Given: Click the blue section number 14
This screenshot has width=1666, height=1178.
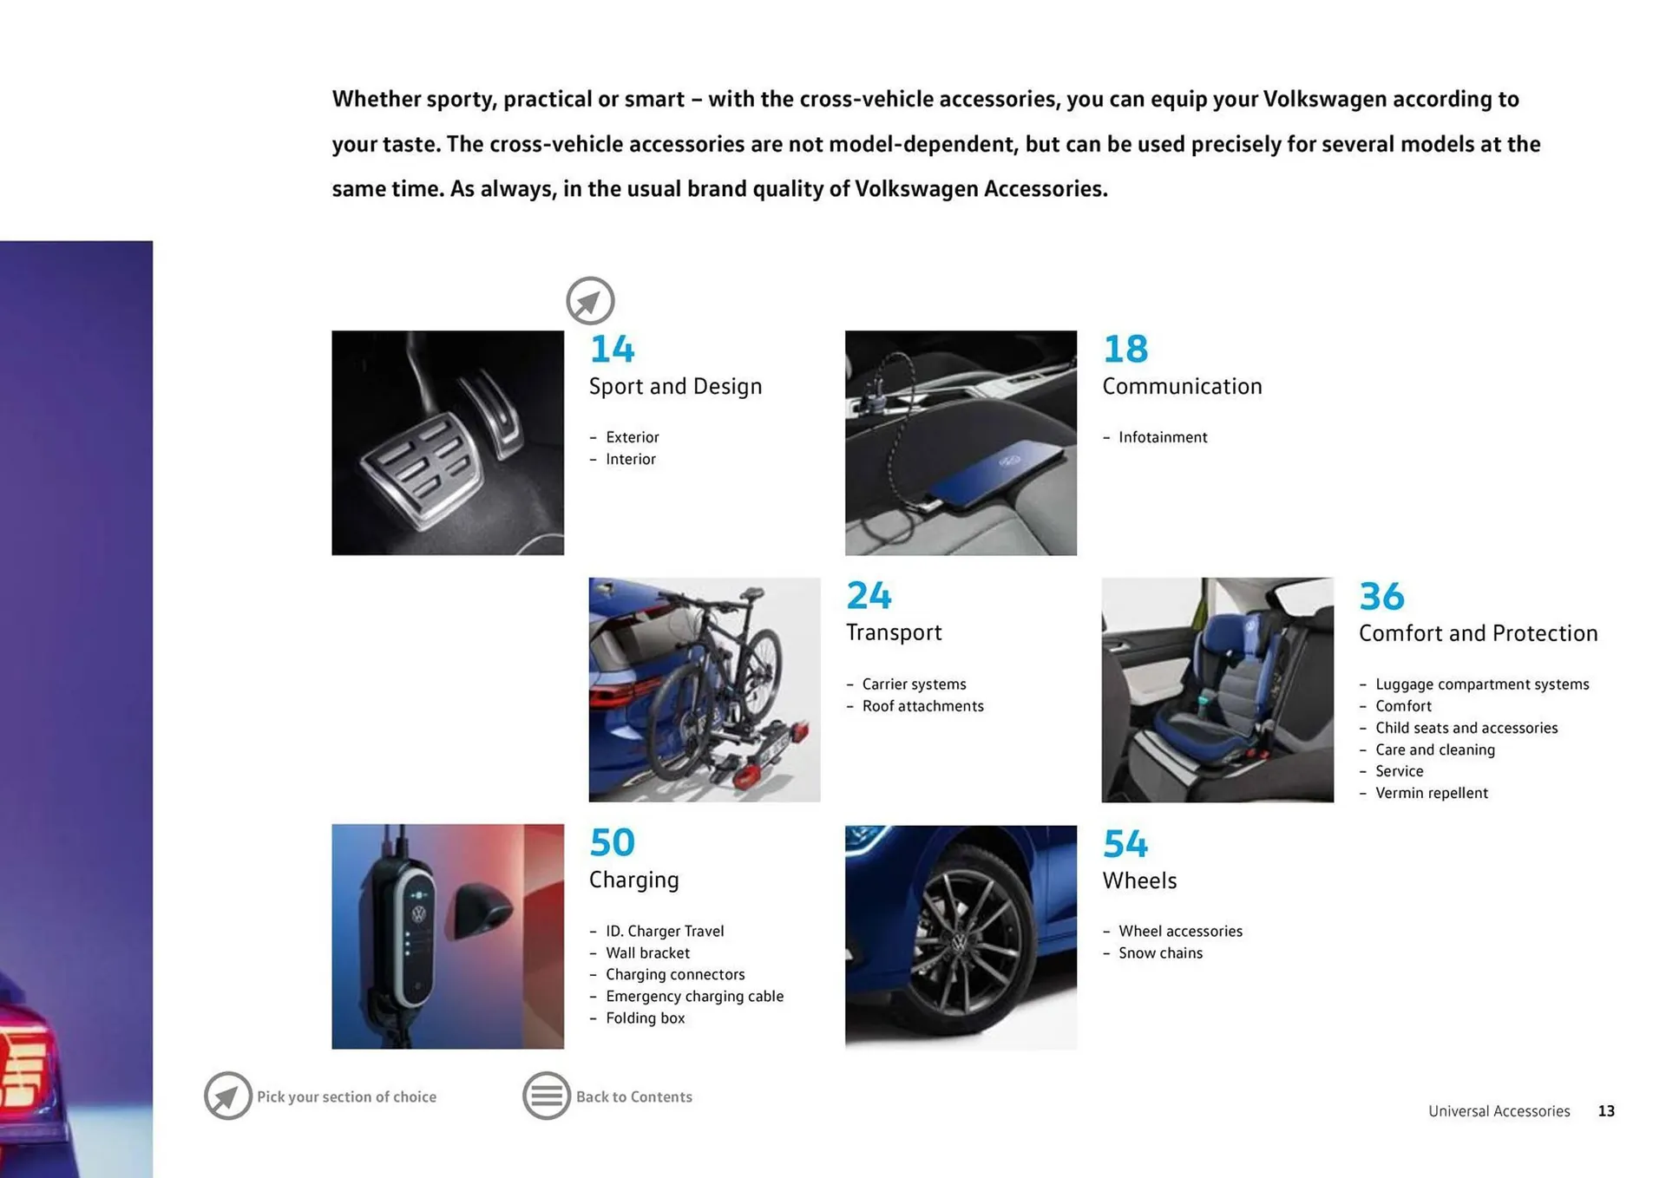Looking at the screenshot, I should [612, 349].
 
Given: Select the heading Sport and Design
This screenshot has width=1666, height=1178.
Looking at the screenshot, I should [675, 386].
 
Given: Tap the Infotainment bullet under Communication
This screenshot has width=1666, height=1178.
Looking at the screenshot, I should [1162, 437].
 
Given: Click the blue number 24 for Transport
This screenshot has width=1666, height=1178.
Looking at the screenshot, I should [869, 596].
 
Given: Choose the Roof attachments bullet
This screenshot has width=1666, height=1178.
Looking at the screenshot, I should [922, 706].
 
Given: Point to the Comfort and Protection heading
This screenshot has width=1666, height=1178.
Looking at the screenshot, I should [1478, 633].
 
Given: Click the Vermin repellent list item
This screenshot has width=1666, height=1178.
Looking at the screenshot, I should [1431, 793].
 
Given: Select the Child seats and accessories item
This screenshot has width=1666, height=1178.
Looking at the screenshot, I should [1466, 728].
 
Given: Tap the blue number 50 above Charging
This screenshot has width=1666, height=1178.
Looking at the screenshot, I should [612, 842].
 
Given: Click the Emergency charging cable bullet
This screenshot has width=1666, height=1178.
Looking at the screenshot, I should [694, 996].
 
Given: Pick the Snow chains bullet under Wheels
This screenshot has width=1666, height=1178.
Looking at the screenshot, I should [1160, 952].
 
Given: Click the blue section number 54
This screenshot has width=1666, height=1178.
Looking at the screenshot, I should [1125, 843].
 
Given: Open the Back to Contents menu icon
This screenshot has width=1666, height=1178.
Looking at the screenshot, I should [546, 1096].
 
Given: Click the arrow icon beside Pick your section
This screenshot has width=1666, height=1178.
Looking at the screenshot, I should [227, 1096].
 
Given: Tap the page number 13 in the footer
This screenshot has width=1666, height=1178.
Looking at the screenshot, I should [1606, 1111].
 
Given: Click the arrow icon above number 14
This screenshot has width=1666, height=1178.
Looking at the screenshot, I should [590, 301].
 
